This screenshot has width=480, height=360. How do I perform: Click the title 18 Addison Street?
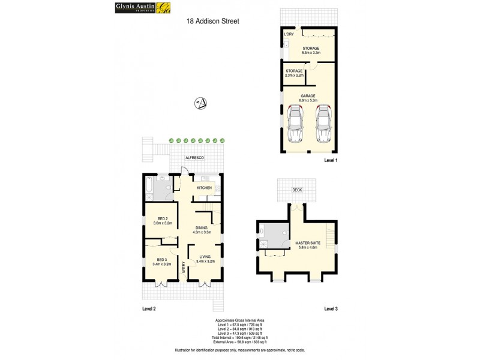(213, 21)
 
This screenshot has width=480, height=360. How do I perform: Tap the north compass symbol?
(202, 103)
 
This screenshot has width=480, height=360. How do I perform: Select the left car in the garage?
(295, 124)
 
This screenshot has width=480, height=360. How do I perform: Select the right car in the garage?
(323, 124)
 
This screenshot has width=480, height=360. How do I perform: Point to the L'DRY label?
(289, 35)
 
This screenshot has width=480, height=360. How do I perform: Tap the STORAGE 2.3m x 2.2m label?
(294, 73)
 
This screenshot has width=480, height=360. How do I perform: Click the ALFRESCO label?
(194, 157)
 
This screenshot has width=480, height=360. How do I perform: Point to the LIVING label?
(205, 259)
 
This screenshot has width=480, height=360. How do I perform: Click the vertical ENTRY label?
(184, 269)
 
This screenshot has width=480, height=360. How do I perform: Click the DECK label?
(296, 190)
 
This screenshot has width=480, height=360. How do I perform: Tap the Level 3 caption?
(331, 308)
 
